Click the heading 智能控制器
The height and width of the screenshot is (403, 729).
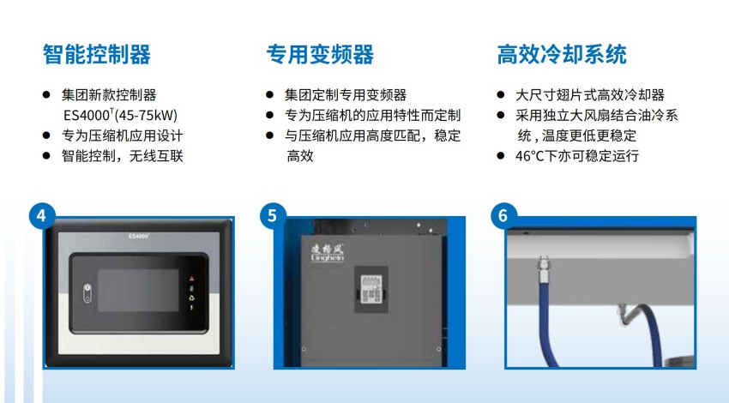pos(97,54)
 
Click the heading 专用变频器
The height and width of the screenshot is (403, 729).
pos(320,54)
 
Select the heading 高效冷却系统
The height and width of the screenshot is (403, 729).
pos(562,54)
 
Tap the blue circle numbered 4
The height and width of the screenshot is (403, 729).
pos(42,216)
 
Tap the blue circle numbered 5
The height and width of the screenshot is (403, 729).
pos(273,216)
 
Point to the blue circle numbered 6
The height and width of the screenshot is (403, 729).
pos(503,216)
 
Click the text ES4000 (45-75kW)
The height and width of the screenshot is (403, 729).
pos(120,115)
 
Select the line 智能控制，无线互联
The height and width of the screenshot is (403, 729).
pos(123,156)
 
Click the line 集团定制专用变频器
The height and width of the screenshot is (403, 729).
pos(346,95)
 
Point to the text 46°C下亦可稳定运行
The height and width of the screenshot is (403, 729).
pos(577,156)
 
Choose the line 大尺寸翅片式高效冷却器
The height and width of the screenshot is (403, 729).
pos(590,95)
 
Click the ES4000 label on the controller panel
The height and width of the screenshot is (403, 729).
pos(139,236)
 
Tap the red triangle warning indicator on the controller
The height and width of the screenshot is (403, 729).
pos(191,279)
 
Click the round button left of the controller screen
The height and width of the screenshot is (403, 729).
pos(87,293)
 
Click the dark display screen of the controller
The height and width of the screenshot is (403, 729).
pos(138,291)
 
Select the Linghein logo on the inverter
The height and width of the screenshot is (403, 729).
pos(328,253)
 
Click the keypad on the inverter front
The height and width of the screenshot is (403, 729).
pos(371,289)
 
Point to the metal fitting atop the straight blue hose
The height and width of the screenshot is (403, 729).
pos(544,268)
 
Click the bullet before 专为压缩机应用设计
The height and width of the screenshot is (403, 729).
pos(46,135)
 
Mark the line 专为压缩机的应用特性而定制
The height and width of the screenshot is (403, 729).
pos(372,115)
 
